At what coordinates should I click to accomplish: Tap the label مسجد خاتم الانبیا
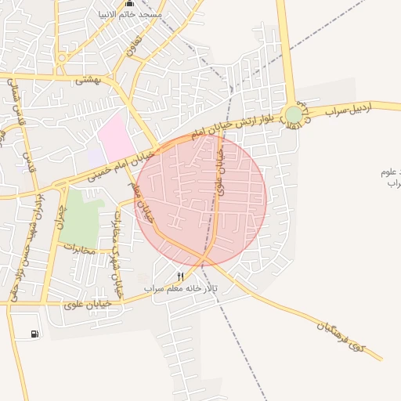(130, 15)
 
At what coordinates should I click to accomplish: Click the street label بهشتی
(88, 79)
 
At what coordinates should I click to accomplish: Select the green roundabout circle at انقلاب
(294, 115)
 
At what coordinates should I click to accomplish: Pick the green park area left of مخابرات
(79, 215)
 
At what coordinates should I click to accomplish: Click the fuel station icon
(34, 334)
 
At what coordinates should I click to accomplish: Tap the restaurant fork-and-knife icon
(181, 276)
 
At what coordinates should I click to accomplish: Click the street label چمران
(60, 213)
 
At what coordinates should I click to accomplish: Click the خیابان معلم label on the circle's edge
(146, 206)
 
